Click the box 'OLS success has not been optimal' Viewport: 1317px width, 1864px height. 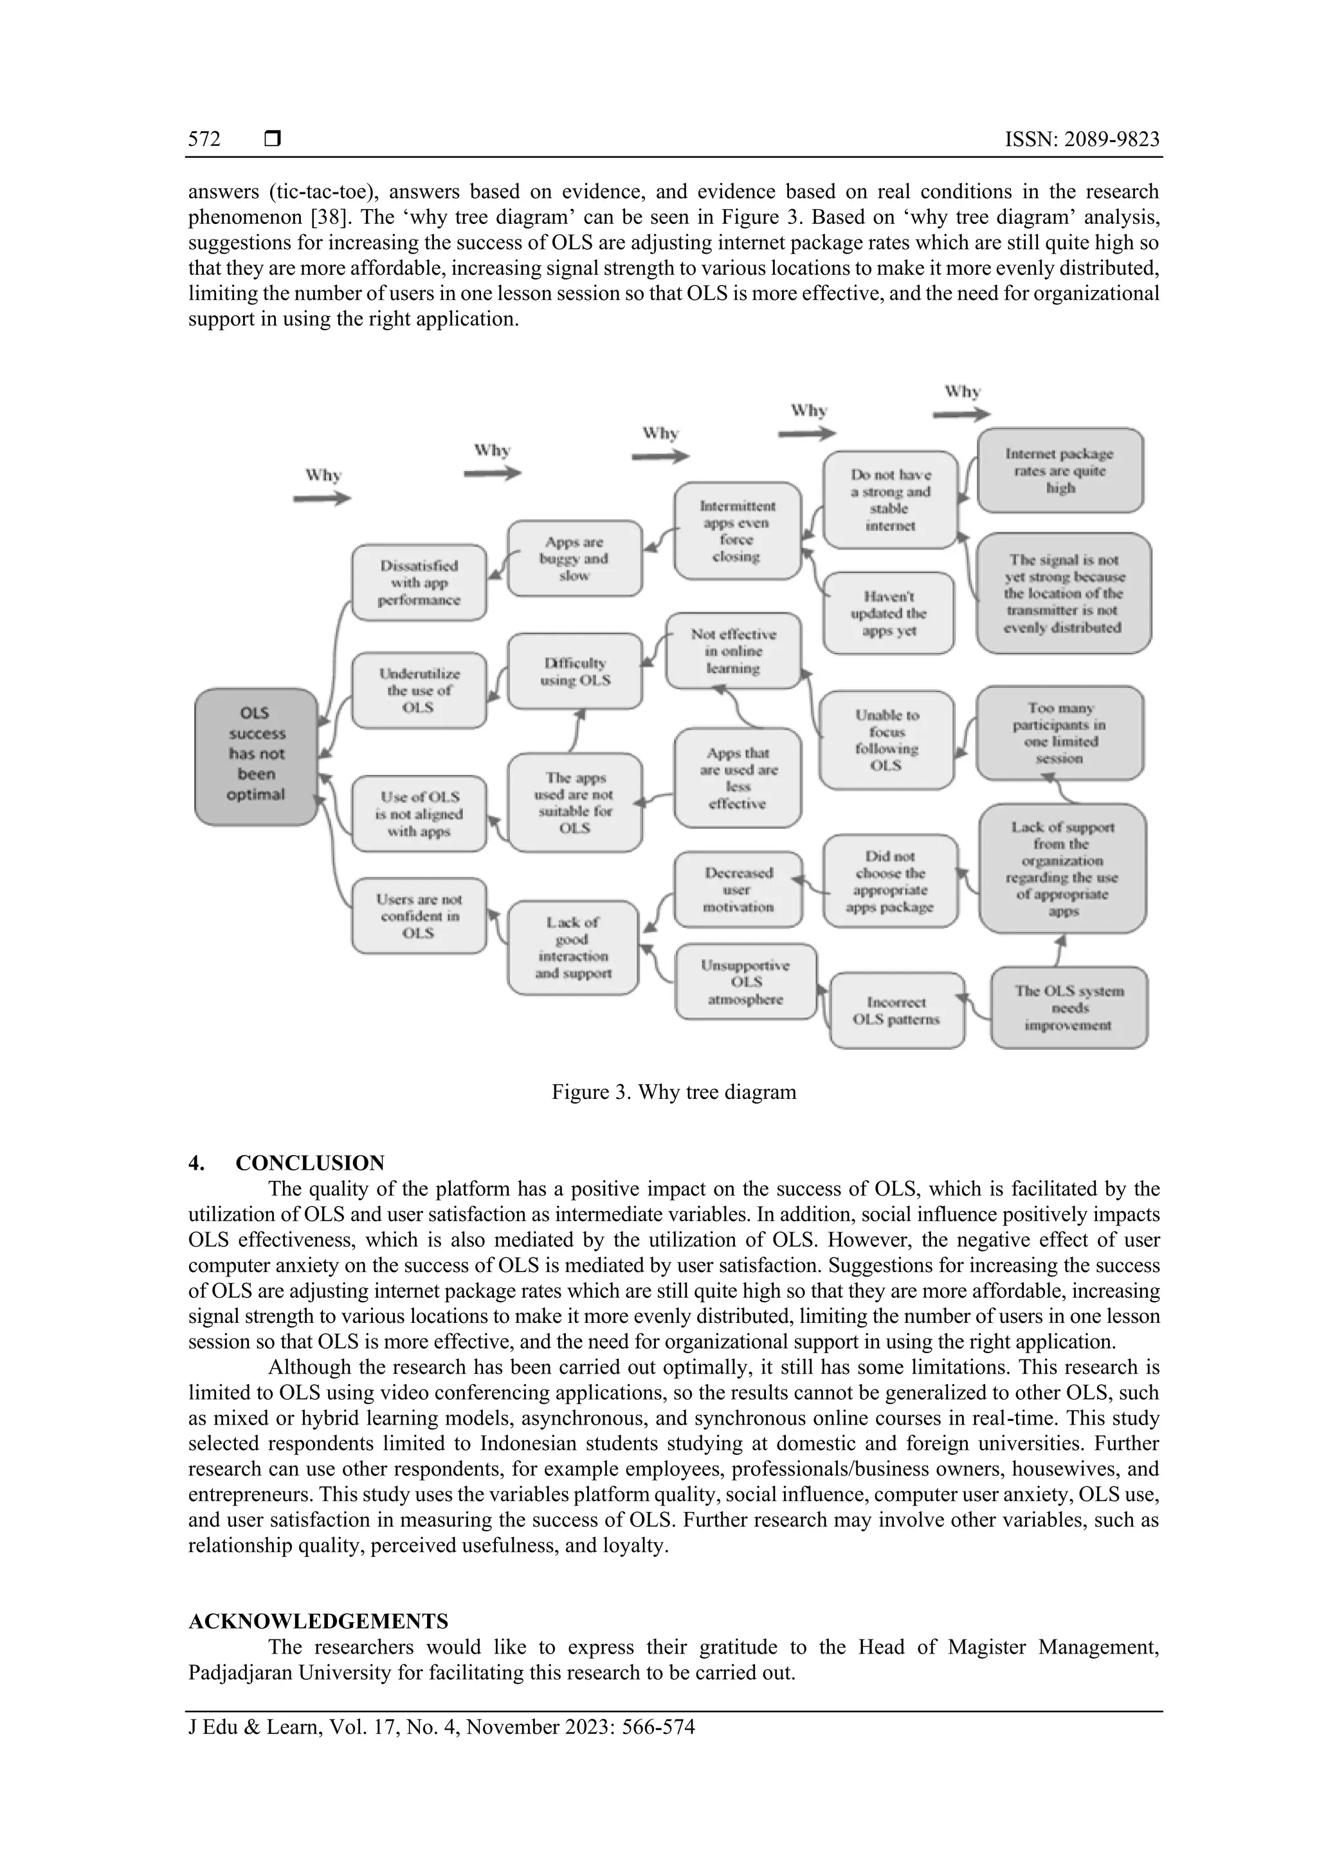coord(255,756)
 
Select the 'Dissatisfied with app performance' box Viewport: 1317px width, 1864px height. coord(419,583)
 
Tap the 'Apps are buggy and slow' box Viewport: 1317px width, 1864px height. coord(574,558)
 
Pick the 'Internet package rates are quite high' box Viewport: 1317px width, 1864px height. coord(1060,471)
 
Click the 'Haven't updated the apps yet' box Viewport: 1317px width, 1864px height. coord(889,613)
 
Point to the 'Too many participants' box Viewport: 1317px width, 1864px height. coord(1059,733)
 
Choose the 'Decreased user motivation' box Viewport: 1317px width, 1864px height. coord(738,890)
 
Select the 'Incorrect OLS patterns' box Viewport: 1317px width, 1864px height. coord(896,1011)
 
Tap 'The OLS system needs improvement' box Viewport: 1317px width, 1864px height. coord(1069,1008)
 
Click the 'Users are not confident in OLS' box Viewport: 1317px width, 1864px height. coord(419,916)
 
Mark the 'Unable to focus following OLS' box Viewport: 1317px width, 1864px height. coord(887,739)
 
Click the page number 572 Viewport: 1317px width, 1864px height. coord(204,140)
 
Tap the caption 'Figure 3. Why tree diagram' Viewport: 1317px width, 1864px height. coord(673,1092)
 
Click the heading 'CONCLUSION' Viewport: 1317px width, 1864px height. coord(310,1163)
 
